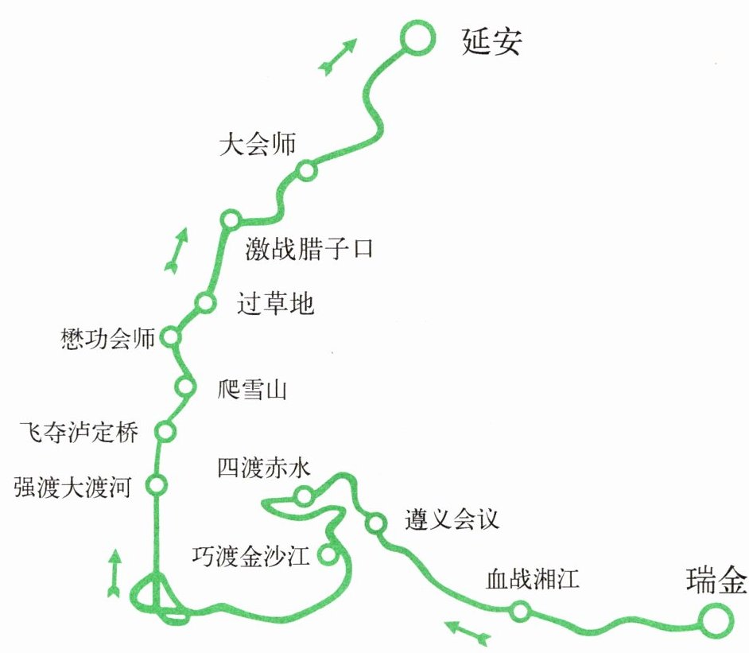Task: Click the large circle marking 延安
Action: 416,38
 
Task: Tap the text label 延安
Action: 491,41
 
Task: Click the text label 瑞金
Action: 716,582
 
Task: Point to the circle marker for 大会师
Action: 306,171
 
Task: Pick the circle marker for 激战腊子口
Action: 231,220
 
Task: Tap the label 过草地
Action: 276,303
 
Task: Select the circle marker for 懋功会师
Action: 170,337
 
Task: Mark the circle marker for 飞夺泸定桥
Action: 165,431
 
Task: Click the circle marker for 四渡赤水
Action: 304,497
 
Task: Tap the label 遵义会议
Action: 452,520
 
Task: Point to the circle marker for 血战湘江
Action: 520,611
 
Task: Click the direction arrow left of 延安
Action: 337,57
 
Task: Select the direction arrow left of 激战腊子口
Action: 177,250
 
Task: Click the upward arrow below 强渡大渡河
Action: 114,573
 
